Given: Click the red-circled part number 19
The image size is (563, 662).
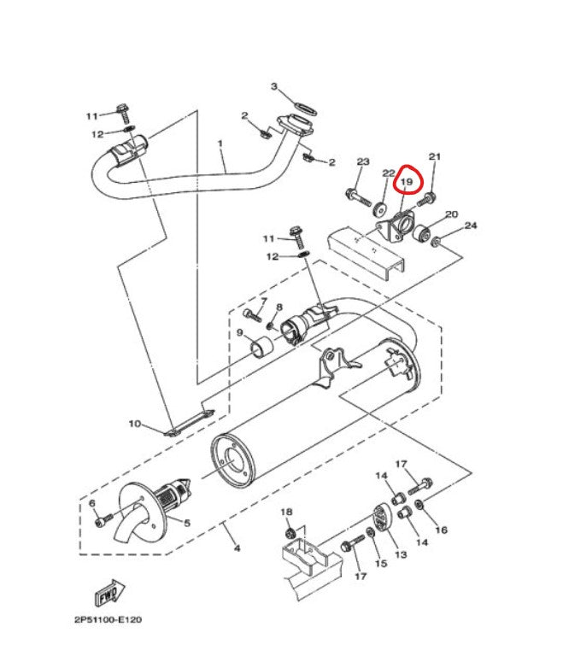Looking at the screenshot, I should [407, 181].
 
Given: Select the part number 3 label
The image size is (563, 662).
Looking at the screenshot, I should [274, 87].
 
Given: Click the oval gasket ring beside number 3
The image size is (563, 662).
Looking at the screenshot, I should [303, 108].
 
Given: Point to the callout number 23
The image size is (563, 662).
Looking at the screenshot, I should [362, 162].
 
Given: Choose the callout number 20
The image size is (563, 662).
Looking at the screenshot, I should [452, 214].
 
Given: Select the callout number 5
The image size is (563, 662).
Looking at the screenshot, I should [186, 522].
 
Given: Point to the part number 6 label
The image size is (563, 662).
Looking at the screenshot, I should [92, 504].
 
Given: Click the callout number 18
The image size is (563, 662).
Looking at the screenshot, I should [286, 511].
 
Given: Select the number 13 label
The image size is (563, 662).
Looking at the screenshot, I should [400, 554].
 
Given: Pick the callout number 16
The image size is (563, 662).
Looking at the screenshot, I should [442, 530].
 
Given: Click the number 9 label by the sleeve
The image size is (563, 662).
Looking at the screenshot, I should [240, 332].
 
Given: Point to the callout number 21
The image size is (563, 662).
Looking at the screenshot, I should [434, 157].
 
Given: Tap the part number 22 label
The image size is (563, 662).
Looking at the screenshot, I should [388, 173].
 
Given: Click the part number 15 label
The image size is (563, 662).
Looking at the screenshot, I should [380, 564].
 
